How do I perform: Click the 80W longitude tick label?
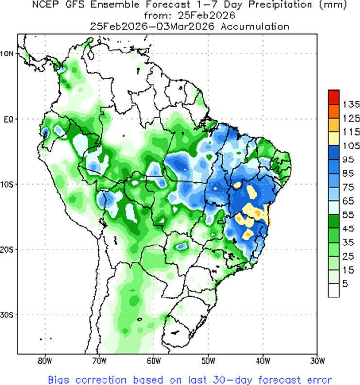click(x=44, y=360)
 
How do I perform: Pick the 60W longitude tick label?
click(x=153, y=360)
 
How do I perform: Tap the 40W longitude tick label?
click(x=262, y=360)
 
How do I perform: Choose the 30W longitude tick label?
click(x=317, y=360)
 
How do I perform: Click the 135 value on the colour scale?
click(x=350, y=104)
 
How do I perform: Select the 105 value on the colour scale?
click(x=350, y=145)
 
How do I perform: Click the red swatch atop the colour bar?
click(x=333, y=97)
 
